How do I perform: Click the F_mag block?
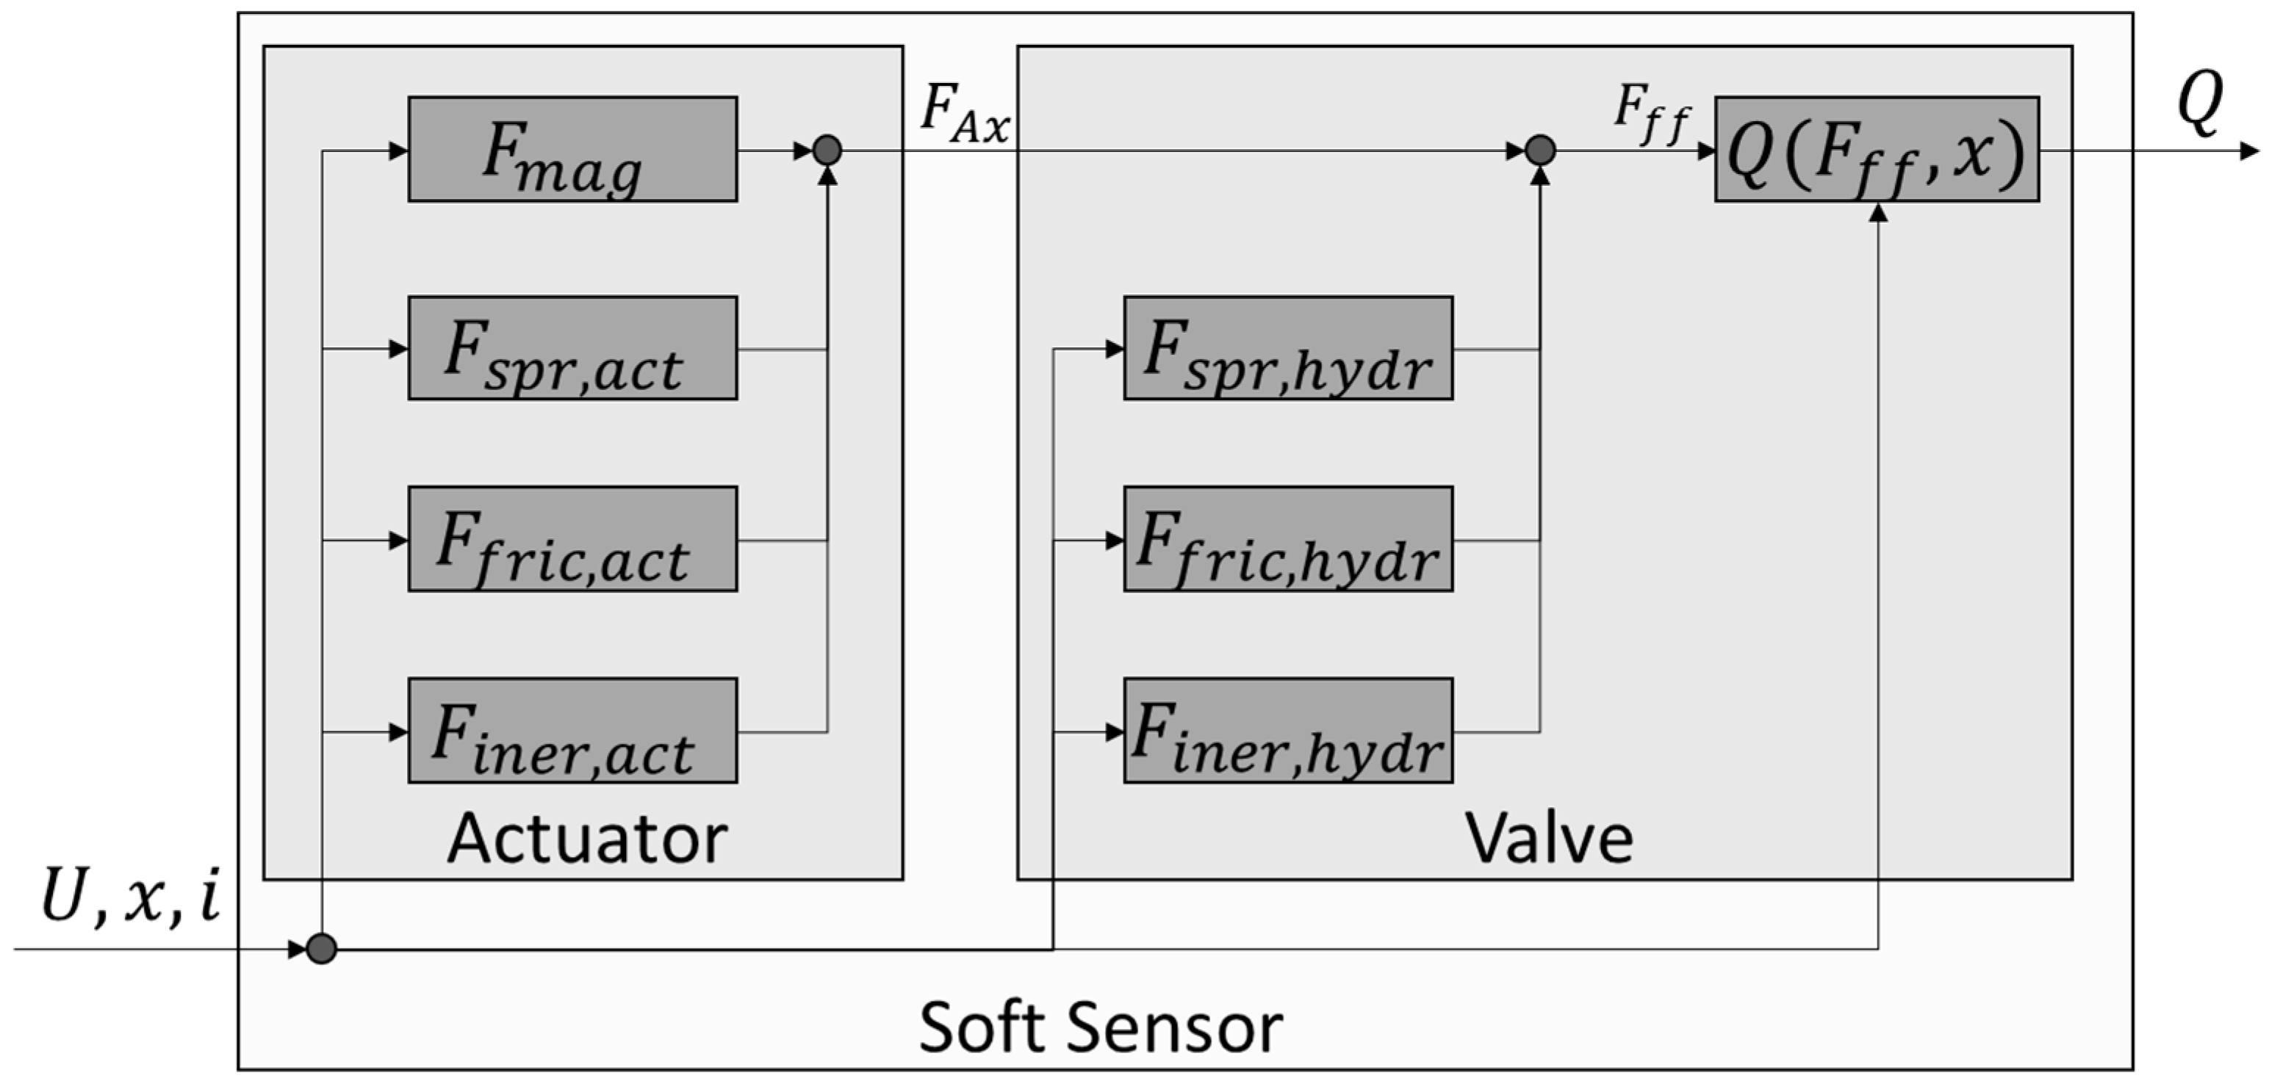click(572, 150)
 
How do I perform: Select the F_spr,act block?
click(572, 349)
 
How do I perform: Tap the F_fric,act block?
click(572, 539)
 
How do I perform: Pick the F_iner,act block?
click(572, 731)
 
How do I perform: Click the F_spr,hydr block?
click(1288, 349)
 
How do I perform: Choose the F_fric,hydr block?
click(1288, 539)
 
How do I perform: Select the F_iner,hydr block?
click(1288, 731)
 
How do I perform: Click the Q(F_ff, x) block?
click(1876, 150)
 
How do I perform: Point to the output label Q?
click(2199, 104)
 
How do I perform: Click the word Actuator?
click(588, 838)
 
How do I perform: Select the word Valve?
click(1548, 838)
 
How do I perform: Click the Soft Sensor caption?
click(1101, 1027)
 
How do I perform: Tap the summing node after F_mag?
click(827, 151)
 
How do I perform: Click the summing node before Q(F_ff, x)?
click(1539, 151)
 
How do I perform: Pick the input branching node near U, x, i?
click(322, 950)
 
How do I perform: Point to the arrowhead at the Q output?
click(2250, 151)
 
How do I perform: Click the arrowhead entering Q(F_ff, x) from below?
click(1878, 212)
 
